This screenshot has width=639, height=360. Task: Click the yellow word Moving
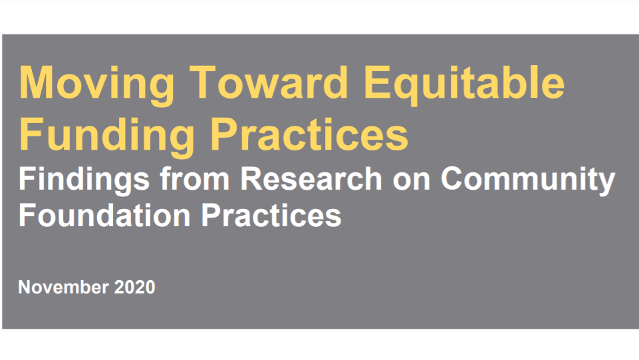pos(97,86)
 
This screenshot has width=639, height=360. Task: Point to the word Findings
pos(84,181)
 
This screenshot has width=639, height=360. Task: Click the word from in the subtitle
pos(195,178)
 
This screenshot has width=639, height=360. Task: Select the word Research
pos(311,178)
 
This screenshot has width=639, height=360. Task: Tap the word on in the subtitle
pos(412,182)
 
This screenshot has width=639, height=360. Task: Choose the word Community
pos(528,181)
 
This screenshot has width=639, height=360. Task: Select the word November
pos(63,287)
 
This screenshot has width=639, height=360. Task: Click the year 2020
pos(134,287)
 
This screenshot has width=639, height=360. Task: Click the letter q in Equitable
pos(408,90)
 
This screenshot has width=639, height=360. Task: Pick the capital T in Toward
pos(204,83)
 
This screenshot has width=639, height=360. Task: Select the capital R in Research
pos(253,178)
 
